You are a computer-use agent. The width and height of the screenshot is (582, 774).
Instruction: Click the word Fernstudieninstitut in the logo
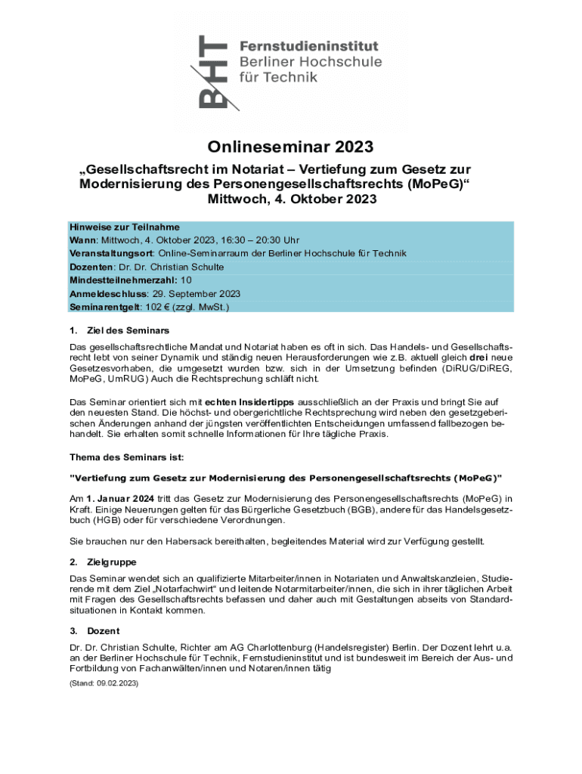point(309,47)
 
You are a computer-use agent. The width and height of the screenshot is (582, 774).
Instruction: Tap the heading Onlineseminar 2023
point(291,147)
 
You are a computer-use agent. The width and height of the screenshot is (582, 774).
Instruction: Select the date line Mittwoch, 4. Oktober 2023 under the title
point(291,200)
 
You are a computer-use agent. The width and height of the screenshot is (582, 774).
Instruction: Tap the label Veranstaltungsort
point(112,253)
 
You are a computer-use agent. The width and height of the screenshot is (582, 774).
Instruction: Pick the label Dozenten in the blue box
point(91,267)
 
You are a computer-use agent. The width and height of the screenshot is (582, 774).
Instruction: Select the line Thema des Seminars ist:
point(126,458)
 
